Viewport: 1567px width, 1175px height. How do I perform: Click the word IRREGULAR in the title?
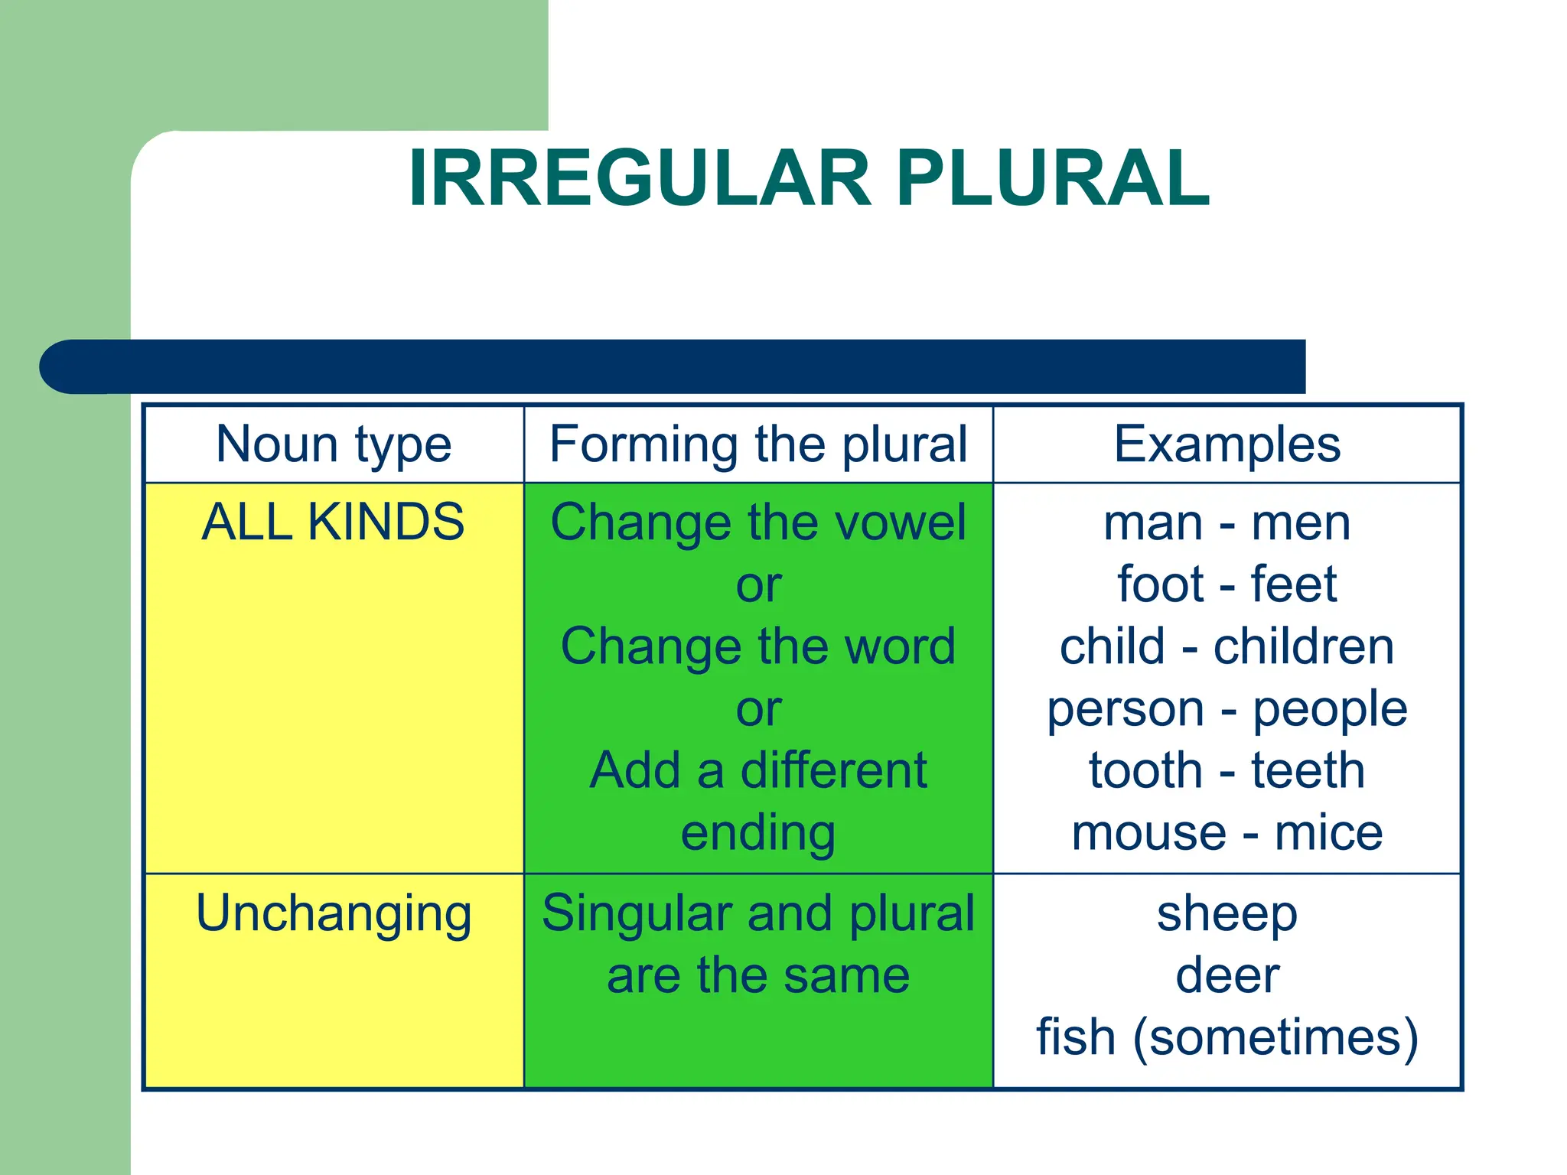[x=639, y=177]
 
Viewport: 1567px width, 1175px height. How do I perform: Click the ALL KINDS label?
[x=333, y=522]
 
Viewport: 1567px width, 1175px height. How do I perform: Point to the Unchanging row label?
[x=334, y=913]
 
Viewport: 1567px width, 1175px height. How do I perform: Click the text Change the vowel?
[x=758, y=522]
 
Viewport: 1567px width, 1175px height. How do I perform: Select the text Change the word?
[x=758, y=646]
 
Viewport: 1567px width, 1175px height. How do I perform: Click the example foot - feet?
[x=1227, y=584]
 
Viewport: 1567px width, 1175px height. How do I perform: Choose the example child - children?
[x=1227, y=646]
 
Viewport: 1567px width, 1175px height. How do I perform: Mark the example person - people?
[x=1227, y=709]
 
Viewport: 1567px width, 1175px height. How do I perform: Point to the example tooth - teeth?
[x=1227, y=770]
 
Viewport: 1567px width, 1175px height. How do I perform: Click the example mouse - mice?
[x=1227, y=833]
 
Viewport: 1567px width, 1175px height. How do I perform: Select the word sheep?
[x=1227, y=914]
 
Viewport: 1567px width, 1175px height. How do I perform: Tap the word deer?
[x=1227, y=975]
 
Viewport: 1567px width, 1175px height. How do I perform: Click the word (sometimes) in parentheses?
[x=1275, y=1038]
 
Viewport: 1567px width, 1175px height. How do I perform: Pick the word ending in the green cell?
[x=758, y=833]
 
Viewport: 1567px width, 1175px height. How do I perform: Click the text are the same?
[x=758, y=975]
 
